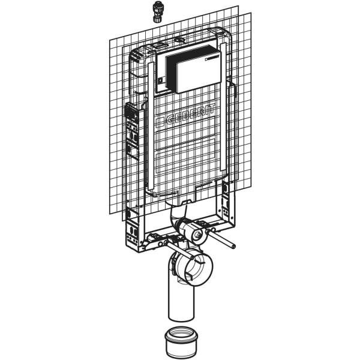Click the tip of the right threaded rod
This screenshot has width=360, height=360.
click(233, 246)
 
